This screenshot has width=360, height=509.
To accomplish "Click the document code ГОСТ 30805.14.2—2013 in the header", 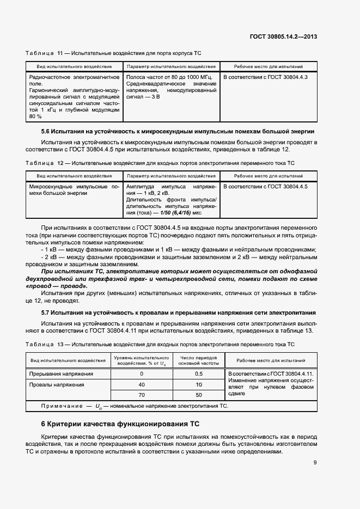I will tap(291, 36).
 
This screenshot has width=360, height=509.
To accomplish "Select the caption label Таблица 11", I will tap(45, 53).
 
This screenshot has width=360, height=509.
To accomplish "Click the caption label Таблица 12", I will tap(45, 163).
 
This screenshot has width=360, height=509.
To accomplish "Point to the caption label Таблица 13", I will tap(45, 345).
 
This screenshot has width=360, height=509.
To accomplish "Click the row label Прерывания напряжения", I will tap(62, 374).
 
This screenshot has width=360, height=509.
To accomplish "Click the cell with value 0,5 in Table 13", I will tap(198, 374).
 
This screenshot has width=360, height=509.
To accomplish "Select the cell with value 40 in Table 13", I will tap(142, 384).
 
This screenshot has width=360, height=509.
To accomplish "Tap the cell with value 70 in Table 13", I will tap(142, 395).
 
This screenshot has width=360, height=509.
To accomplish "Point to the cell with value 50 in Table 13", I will tap(198, 395).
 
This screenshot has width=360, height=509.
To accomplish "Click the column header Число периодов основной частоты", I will tap(198, 360).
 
